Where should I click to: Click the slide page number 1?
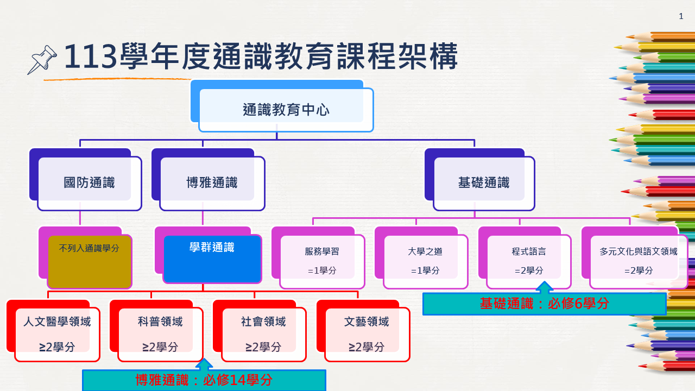(x=681, y=16)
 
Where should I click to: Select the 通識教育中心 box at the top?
(x=286, y=110)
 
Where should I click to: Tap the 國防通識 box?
(x=90, y=183)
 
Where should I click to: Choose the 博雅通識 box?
(x=212, y=183)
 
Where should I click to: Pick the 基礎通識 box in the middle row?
(x=484, y=183)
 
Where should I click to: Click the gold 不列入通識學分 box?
(x=90, y=261)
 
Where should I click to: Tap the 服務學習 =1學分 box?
(x=322, y=261)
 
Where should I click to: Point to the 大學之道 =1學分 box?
(x=425, y=261)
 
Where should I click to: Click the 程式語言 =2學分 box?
(x=528, y=261)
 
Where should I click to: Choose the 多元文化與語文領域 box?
(x=638, y=261)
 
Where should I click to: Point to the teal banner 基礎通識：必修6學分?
(x=544, y=304)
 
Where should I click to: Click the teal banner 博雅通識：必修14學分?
(x=204, y=381)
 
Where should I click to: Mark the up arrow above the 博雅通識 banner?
(x=204, y=364)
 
